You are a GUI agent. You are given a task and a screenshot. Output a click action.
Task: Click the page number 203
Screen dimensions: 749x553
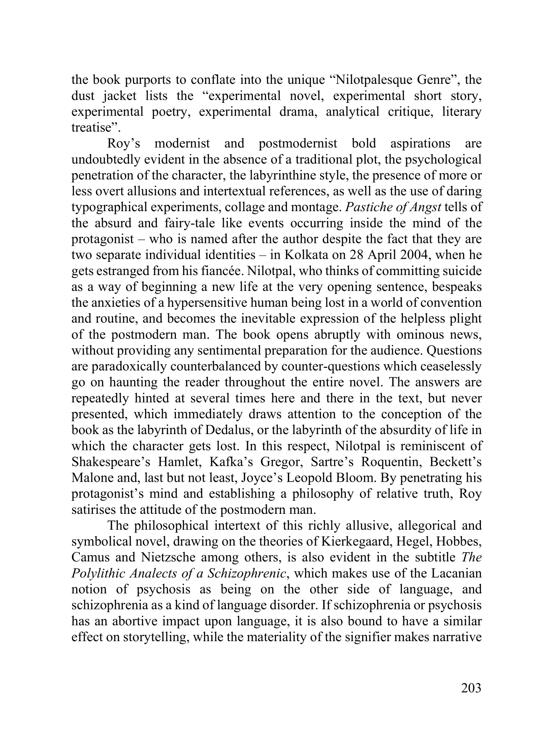click(471, 688)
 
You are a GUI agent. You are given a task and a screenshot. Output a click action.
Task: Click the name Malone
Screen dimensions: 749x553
click(90, 478)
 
